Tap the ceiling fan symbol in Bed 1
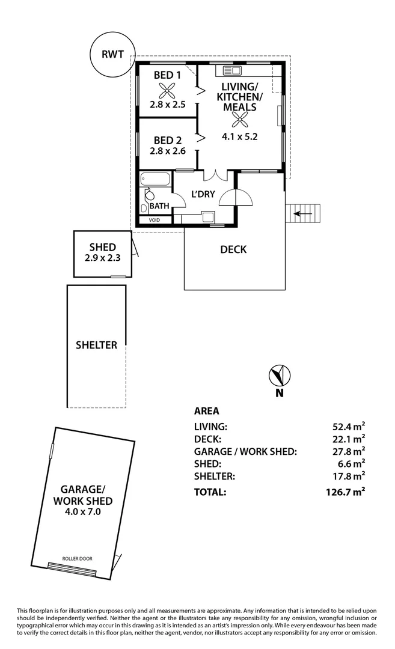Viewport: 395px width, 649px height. [x=167, y=91]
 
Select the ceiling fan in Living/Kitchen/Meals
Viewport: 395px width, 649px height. [x=240, y=120]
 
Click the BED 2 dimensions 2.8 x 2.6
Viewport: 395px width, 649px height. [x=168, y=151]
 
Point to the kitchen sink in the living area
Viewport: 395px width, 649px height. [x=231, y=69]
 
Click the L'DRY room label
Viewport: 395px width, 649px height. [x=203, y=194]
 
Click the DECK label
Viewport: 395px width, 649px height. [x=233, y=249]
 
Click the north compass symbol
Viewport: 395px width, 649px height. [x=280, y=376]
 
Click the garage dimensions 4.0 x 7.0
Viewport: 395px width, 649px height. [x=83, y=512]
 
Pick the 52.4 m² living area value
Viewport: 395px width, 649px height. [x=345, y=427]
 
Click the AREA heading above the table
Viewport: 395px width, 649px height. [x=206, y=412]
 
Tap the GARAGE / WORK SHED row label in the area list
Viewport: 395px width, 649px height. [x=245, y=451]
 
